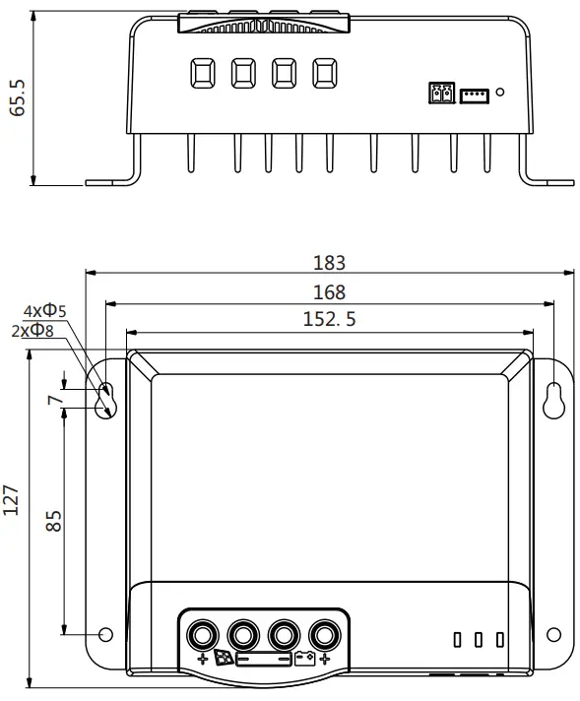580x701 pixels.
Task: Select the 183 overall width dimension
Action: click(330, 263)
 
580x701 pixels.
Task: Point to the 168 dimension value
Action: click(330, 292)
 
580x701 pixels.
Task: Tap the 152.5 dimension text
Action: click(330, 320)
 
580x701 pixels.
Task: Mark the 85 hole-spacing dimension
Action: click(55, 521)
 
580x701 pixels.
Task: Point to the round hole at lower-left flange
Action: click(106, 633)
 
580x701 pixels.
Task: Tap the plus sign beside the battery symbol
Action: click(326, 658)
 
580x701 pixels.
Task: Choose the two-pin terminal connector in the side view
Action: click(439, 94)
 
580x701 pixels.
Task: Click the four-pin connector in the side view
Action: click(475, 94)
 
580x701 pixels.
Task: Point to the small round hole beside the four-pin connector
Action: click(500, 93)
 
